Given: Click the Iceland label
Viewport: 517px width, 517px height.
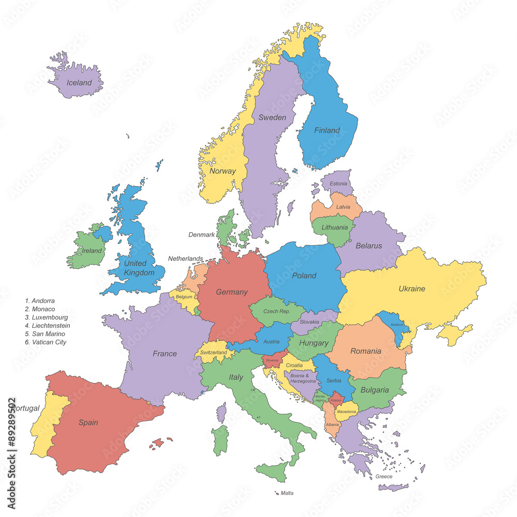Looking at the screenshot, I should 79,83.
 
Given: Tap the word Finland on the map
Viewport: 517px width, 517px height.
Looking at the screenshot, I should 327,130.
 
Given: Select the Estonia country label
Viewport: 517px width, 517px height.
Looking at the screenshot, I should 338,184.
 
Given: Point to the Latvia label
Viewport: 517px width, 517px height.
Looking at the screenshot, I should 343,207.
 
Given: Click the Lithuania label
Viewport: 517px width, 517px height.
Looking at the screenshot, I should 334,227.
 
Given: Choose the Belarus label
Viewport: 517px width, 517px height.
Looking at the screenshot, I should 369,246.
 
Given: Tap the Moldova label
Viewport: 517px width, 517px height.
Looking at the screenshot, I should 397,324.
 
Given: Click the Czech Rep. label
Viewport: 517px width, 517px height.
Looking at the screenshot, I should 277,311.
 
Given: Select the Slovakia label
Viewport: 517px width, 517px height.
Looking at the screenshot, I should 309,322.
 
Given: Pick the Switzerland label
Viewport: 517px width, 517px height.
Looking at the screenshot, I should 213,353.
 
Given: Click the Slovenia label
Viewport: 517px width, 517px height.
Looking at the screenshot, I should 272,360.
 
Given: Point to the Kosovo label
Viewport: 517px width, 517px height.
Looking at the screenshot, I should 336,400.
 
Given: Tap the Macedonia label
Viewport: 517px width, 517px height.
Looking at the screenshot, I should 346,412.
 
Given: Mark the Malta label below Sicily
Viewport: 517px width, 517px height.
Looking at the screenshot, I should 287,493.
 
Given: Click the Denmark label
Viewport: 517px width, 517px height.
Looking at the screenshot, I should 201,235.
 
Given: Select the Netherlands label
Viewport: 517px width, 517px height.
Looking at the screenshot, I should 185,258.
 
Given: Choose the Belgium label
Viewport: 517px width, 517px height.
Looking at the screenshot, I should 184,297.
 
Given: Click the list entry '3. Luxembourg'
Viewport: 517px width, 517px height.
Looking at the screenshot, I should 47,317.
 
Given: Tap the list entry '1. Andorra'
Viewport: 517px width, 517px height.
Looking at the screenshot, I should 40,300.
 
